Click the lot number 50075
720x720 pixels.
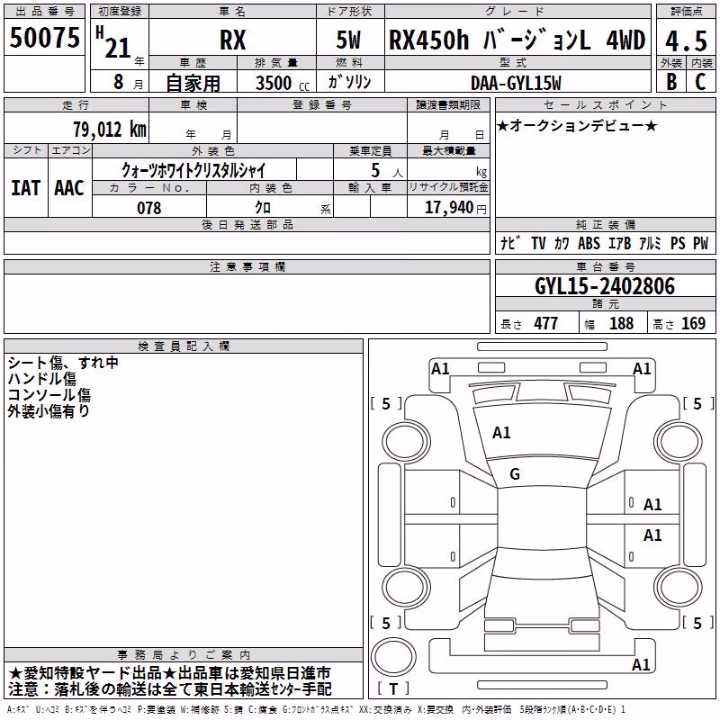pyautogui.click(x=44, y=37)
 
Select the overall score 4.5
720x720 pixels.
pyautogui.click(x=686, y=40)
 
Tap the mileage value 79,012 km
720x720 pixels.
pyautogui.click(x=110, y=129)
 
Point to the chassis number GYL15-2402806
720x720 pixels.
pyautogui.click(x=605, y=286)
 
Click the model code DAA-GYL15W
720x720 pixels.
pyautogui.click(x=516, y=83)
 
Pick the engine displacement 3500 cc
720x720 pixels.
pyautogui.click(x=283, y=83)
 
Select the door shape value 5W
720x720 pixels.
pyautogui.click(x=348, y=40)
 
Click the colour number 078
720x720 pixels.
pyautogui.click(x=148, y=208)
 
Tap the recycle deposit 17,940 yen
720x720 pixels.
pyautogui.click(x=455, y=208)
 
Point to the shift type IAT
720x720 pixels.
pyautogui.click(x=26, y=188)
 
